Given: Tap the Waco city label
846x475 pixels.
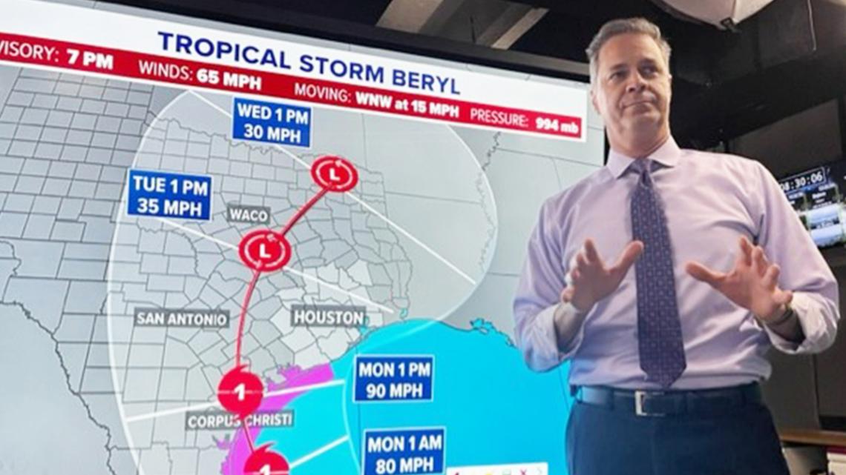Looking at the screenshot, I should [249, 215].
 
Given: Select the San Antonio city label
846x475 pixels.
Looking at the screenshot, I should [182, 318].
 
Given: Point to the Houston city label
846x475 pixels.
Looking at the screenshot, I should [329, 316].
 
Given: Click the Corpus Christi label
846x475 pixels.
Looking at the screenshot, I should [240, 419].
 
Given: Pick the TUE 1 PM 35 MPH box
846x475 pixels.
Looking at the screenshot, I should [169, 195].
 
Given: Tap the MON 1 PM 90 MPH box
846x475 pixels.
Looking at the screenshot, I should [393, 379].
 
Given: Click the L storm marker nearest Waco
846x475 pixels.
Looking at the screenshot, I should [264, 250].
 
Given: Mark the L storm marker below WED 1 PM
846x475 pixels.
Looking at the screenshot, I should [334, 174].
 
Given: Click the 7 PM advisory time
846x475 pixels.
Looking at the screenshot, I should [90, 59].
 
